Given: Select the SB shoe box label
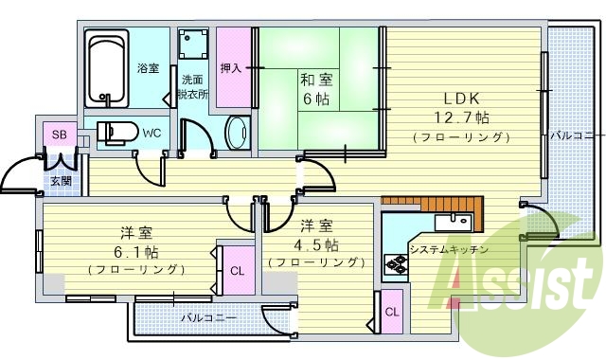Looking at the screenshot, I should [x=59, y=134].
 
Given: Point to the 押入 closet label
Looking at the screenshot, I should [x=231, y=68].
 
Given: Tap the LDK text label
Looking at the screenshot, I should [x=462, y=98].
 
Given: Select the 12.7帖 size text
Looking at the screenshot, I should [x=462, y=117].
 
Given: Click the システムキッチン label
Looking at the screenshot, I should [x=449, y=249].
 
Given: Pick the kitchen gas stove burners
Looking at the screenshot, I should [x=394, y=265].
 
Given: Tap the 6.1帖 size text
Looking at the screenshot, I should [x=136, y=251].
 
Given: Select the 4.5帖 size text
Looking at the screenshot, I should [x=315, y=243].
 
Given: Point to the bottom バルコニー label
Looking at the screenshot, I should [x=209, y=318].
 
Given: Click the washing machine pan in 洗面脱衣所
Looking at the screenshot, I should [x=195, y=46].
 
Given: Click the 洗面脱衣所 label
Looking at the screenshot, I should [x=193, y=88].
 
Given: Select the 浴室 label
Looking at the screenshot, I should [x=148, y=68].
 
